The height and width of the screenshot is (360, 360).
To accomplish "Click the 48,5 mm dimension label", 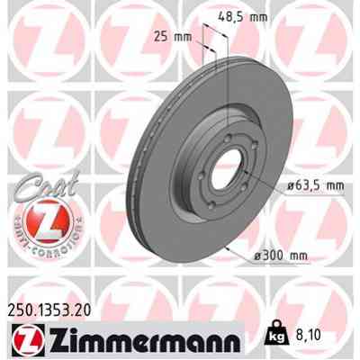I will [246, 15].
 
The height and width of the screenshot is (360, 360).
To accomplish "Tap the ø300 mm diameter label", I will [283, 256].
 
